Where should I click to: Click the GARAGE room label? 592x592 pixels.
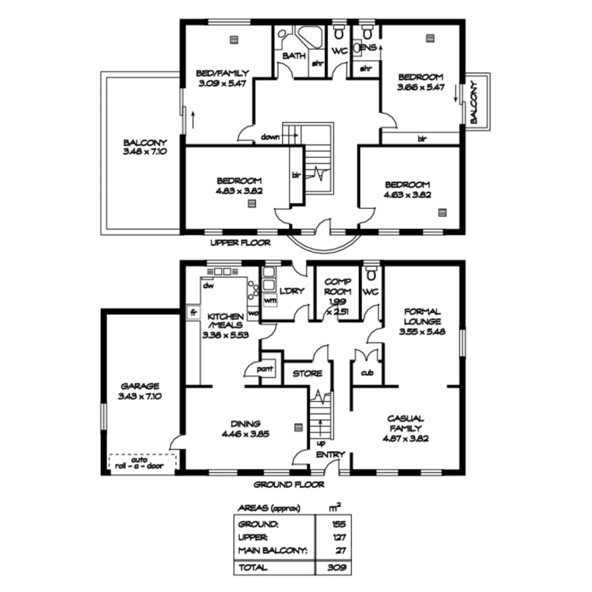tap(140, 385)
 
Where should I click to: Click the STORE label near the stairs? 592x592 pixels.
tap(307, 373)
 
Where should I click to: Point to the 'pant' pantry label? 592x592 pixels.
tap(267, 369)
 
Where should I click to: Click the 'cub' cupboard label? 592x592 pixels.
tap(367, 373)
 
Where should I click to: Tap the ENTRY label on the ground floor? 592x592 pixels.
tap(331, 454)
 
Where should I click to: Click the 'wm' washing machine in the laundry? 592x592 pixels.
tap(270, 300)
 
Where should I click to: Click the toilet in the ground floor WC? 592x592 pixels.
tap(372, 272)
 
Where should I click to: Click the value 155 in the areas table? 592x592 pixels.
tap(338, 524)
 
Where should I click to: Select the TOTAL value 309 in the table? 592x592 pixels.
tap(338, 567)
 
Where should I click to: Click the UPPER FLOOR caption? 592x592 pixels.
tap(240, 242)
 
